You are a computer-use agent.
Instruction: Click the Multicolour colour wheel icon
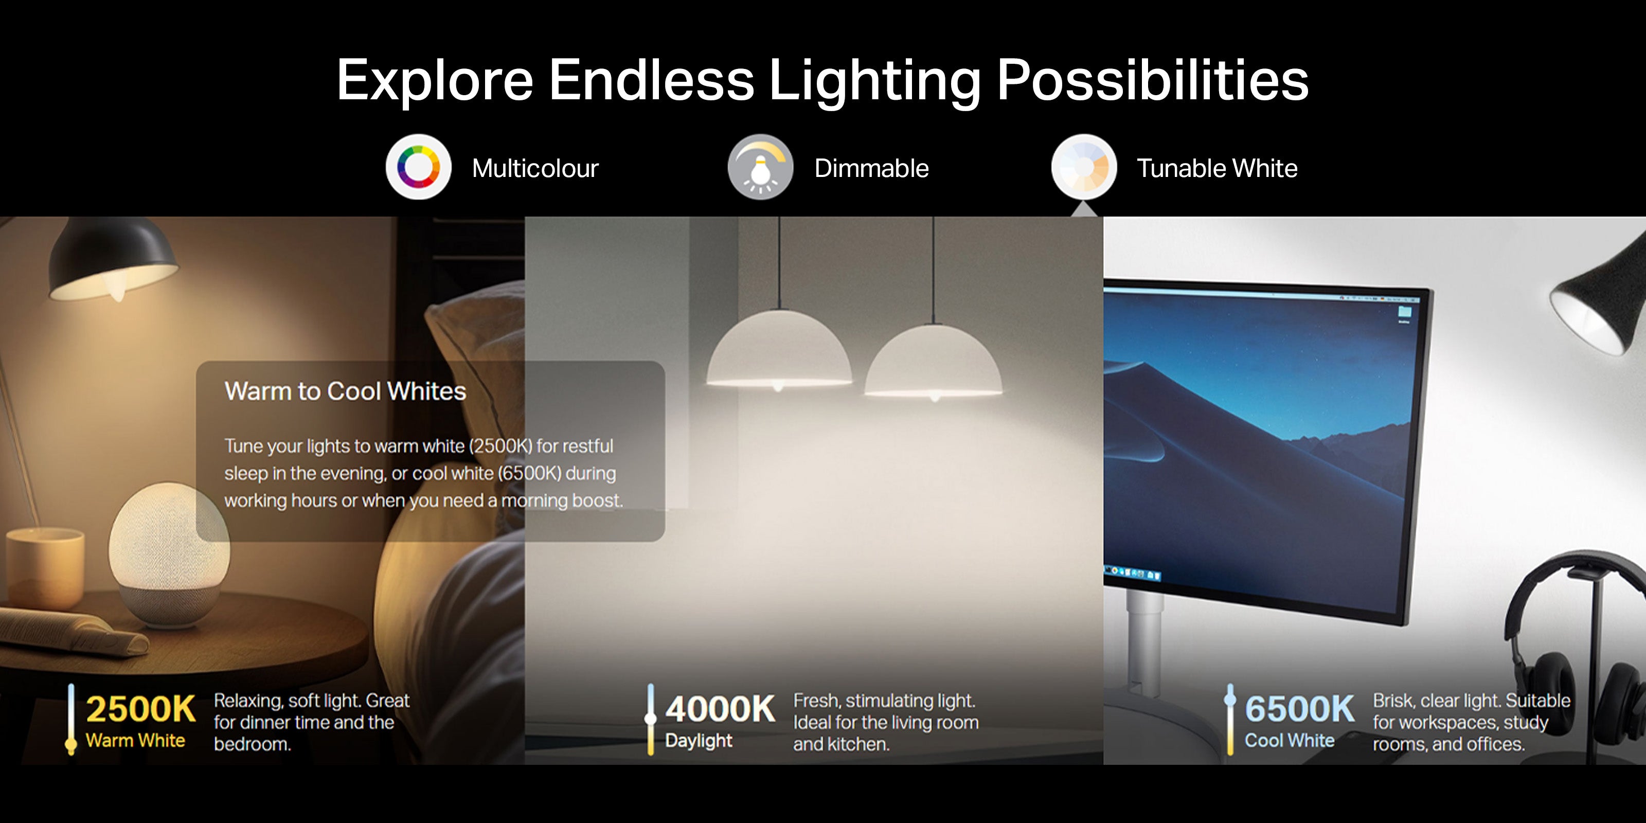419,167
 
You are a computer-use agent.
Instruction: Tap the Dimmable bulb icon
760,167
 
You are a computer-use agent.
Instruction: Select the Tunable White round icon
1084,167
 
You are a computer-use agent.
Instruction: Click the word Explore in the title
435,81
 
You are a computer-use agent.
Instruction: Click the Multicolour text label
535,169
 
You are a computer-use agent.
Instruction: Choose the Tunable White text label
1217,169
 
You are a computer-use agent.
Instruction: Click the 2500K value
140,709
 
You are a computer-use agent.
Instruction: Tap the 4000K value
720,709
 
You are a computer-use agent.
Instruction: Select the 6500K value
1300,709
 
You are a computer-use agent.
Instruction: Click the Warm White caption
135,741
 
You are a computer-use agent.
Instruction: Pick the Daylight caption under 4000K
699,741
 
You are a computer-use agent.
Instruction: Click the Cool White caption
1290,741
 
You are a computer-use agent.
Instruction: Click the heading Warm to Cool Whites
345,391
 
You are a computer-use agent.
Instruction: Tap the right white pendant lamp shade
933,362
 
